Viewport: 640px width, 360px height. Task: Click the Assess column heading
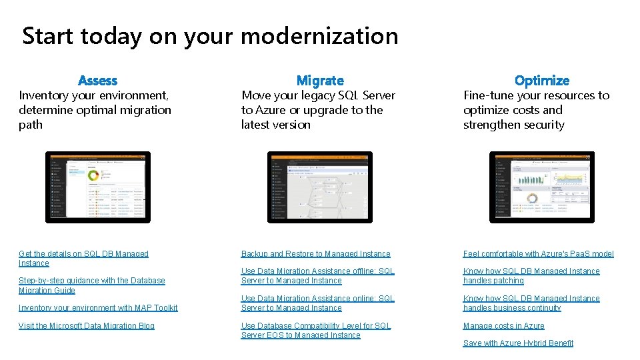click(x=97, y=81)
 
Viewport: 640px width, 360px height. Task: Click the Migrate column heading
click(x=320, y=81)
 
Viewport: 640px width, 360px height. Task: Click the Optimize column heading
click(x=542, y=81)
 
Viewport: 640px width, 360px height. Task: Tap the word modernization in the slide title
click(x=319, y=36)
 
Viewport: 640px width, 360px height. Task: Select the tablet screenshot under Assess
click(x=97, y=187)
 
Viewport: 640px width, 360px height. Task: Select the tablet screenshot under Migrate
click(x=320, y=187)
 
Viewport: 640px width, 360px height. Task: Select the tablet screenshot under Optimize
click(x=541, y=187)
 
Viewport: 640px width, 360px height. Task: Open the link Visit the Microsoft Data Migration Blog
click(x=87, y=326)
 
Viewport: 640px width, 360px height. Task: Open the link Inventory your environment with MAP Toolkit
click(x=98, y=308)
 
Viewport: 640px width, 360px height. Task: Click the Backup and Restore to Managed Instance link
click(x=316, y=254)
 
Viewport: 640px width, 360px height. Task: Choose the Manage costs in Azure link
click(x=504, y=326)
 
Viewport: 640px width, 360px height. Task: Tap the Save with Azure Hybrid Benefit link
click(x=519, y=343)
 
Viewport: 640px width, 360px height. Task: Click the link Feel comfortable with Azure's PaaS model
click(x=539, y=254)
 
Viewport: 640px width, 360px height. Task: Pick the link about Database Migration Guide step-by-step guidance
click(x=92, y=285)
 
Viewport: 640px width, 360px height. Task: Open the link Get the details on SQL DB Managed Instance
click(x=83, y=258)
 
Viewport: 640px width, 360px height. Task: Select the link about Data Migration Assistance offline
click(x=317, y=276)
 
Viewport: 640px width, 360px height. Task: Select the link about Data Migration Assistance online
click(x=317, y=303)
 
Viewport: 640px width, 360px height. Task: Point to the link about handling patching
click(x=531, y=276)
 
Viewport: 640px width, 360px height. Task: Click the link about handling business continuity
click(x=531, y=303)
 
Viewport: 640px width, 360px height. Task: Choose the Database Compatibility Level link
click(x=316, y=331)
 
